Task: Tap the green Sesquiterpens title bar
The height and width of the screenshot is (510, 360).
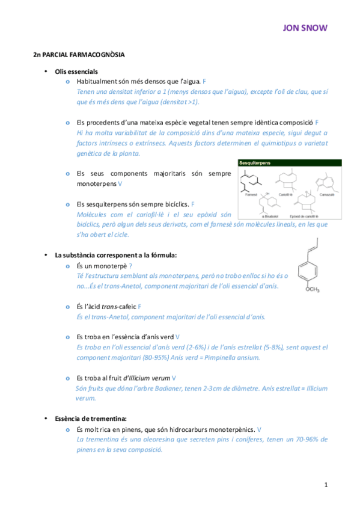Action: [x=290, y=163]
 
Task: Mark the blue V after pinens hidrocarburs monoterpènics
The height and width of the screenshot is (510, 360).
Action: [x=259, y=429]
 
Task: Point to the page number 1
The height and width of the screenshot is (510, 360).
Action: [x=325, y=484]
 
